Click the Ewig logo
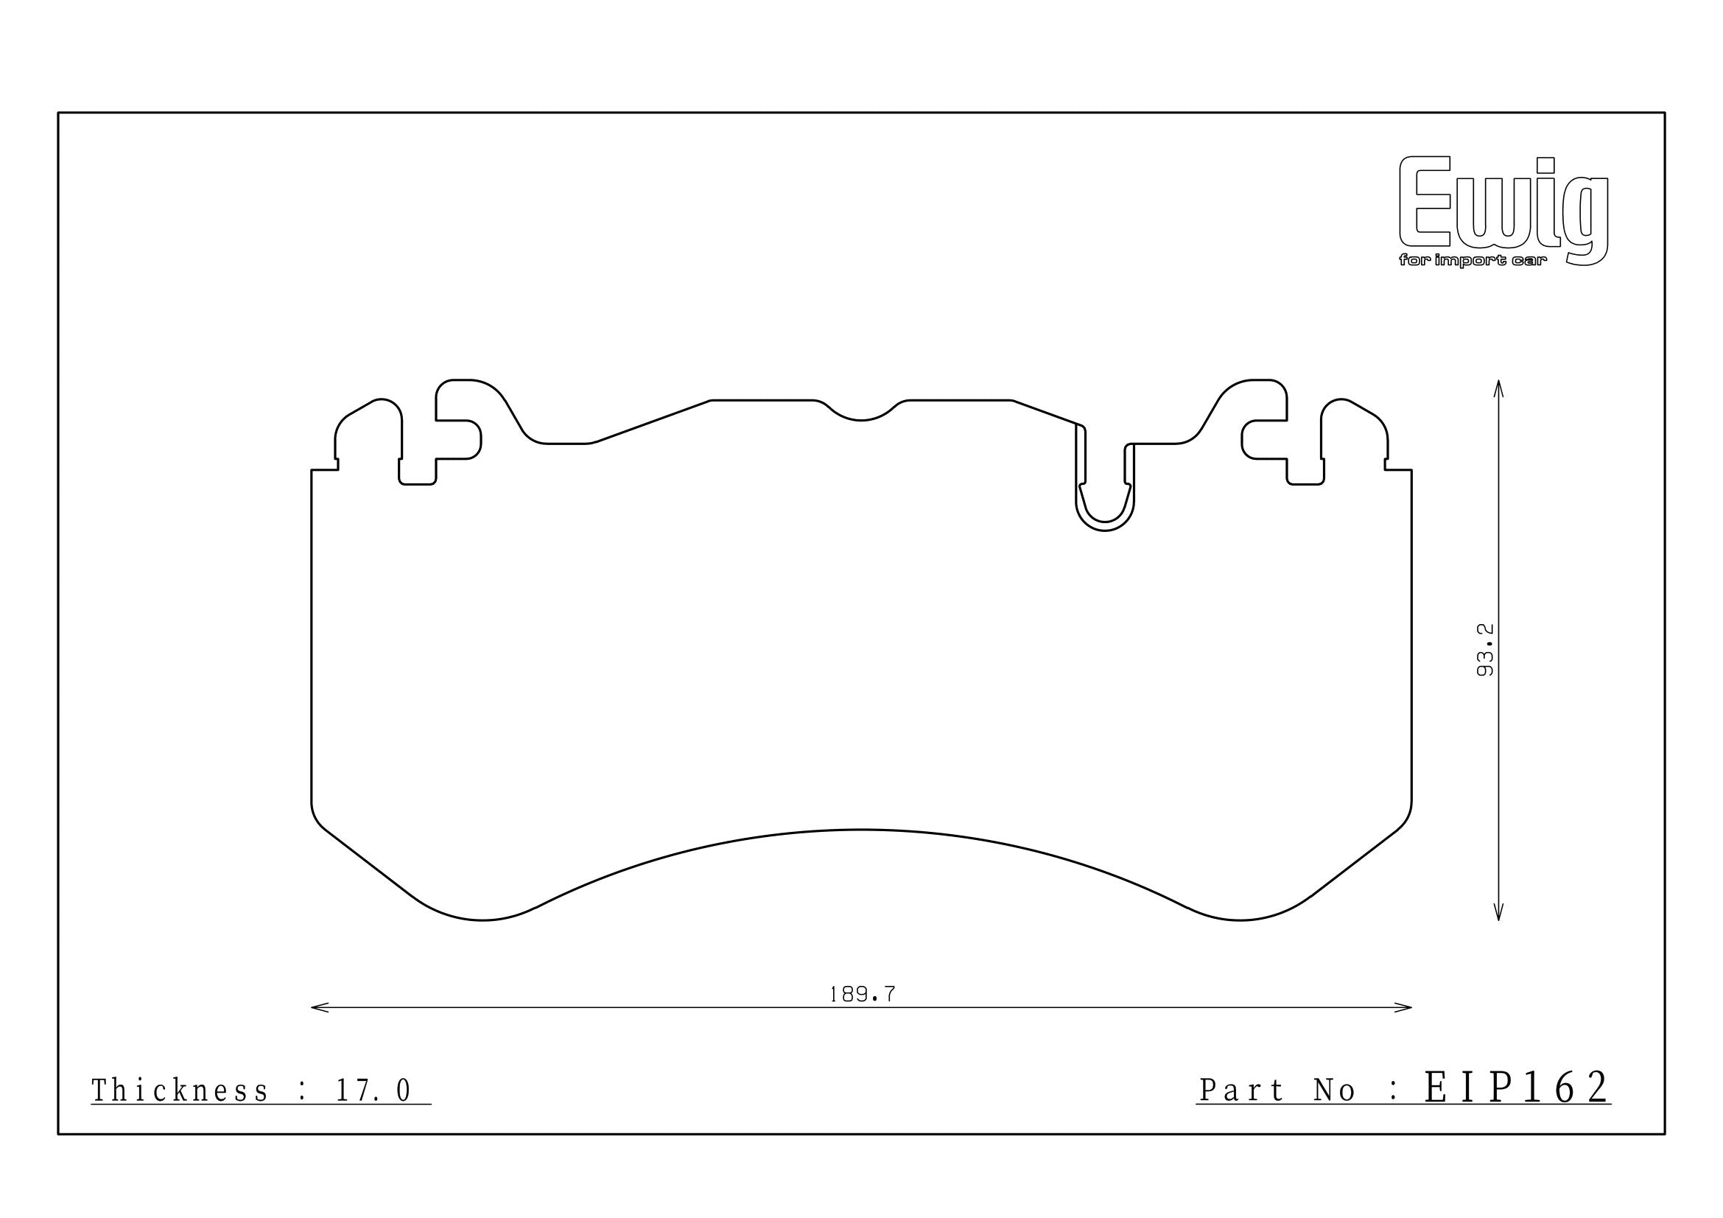(x=1503, y=211)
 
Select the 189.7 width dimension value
(x=863, y=994)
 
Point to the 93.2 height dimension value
(x=1485, y=649)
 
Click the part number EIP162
(x=1517, y=1088)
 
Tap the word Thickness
(x=179, y=1091)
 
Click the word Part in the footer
(x=1242, y=1091)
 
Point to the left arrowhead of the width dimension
(x=320, y=1007)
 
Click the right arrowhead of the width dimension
(x=1403, y=1007)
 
